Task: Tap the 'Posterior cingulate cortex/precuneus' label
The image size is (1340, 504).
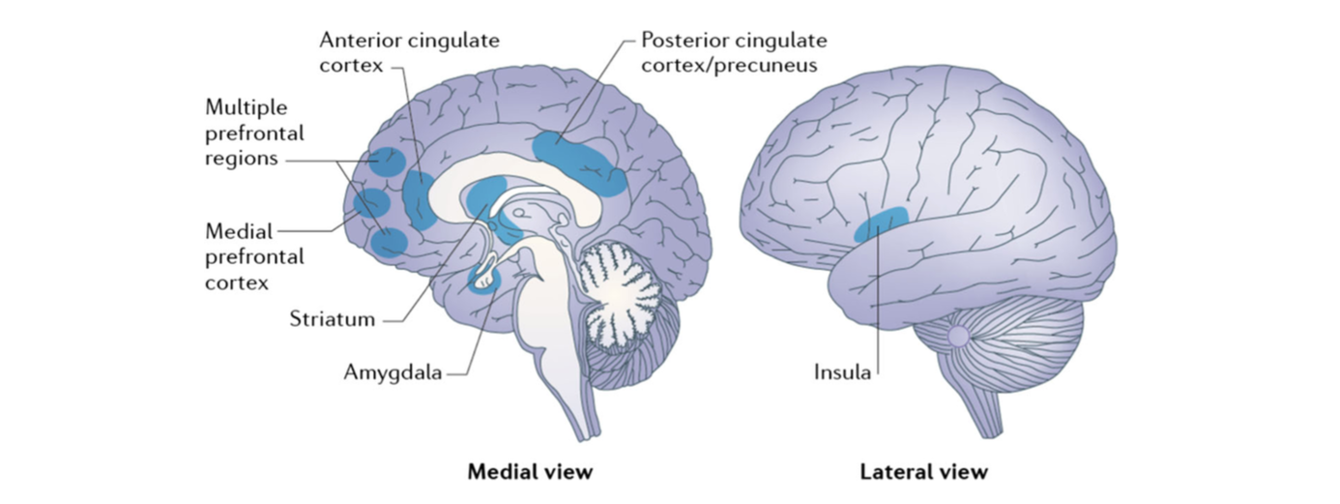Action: coord(734,54)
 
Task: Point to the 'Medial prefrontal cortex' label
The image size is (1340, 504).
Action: coord(254,257)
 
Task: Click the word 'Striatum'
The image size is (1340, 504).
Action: coord(332,319)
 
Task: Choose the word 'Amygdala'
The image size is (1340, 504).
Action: coord(393,371)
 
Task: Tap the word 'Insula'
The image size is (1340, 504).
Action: coord(840,371)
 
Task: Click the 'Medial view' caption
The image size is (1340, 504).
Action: coord(529,472)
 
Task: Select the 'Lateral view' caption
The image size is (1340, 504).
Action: coord(923,472)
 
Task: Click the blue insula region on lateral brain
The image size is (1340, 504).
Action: coord(881,223)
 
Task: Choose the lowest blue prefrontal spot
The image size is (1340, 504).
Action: coord(390,242)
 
